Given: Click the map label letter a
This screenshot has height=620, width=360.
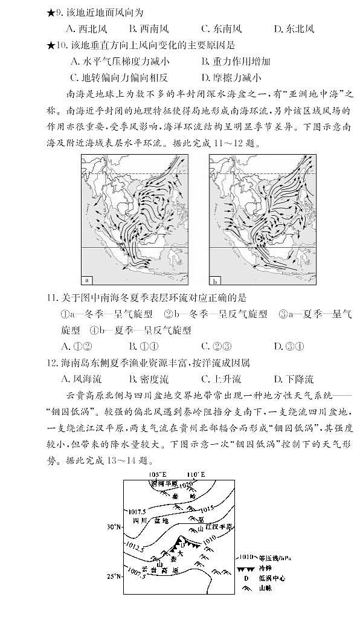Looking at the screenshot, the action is tap(86, 280).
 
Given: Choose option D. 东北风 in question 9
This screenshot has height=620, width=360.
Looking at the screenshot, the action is tap(294, 28).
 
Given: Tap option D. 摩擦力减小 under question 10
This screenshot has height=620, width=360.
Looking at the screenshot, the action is tap(231, 77).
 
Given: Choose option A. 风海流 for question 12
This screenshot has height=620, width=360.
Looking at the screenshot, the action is tap(82, 379).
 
